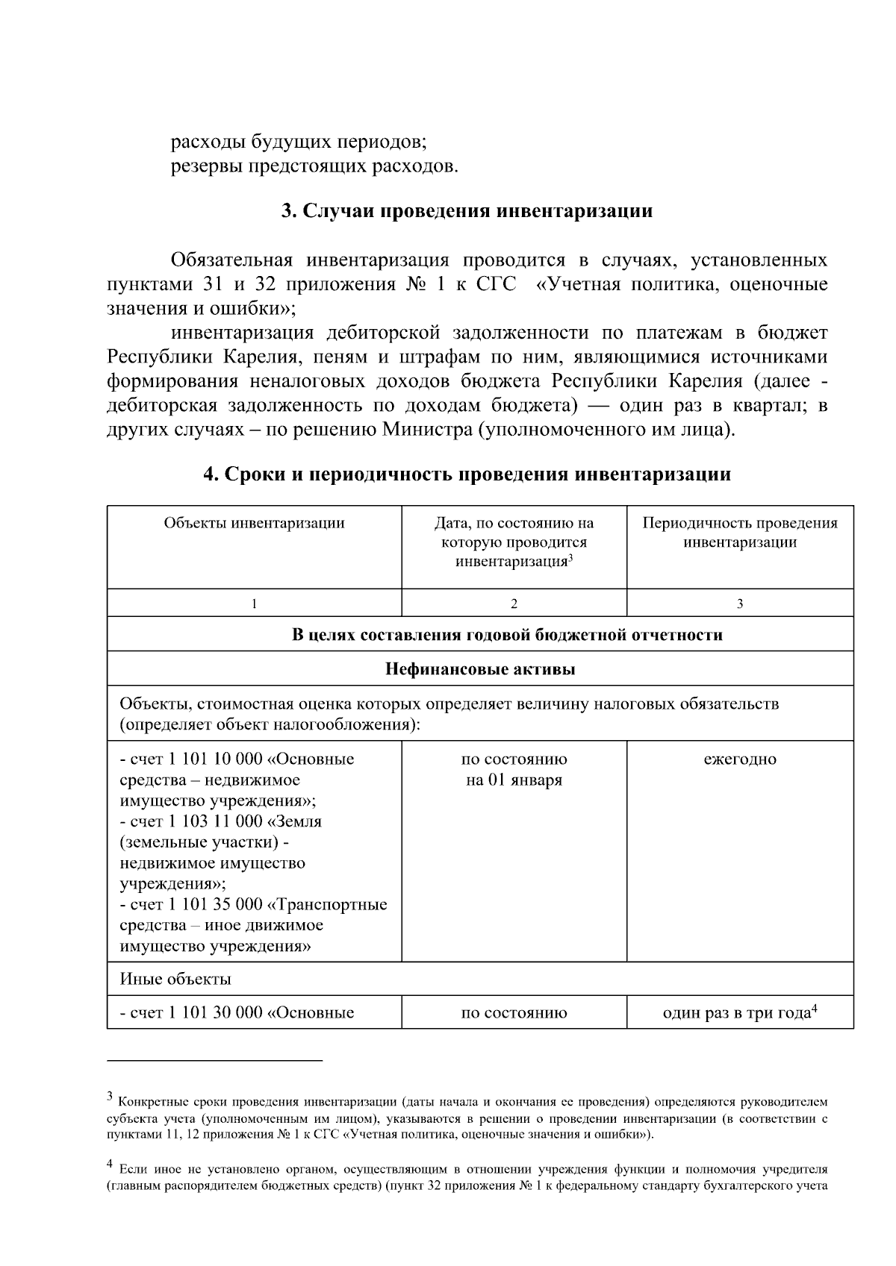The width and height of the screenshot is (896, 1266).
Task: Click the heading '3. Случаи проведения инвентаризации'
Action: [467, 211]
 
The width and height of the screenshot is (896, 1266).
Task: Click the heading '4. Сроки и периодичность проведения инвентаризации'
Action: [467, 474]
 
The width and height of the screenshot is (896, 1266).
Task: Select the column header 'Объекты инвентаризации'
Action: [254, 523]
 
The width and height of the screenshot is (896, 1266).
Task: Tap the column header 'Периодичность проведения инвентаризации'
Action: [739, 533]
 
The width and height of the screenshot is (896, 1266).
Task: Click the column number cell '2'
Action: [514, 604]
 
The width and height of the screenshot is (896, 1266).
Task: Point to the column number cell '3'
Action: [739, 604]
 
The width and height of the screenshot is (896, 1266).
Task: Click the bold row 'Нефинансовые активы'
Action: [480, 669]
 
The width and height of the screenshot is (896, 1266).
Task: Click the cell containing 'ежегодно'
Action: [739, 759]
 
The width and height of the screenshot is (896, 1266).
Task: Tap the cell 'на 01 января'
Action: [514, 780]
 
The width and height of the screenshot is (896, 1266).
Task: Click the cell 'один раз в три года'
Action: [736, 1013]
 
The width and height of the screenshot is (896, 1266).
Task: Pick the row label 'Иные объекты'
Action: [175, 979]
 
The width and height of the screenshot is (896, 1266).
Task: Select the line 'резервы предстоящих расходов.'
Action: [314, 166]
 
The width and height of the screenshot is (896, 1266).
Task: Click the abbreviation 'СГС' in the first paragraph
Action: [496, 286]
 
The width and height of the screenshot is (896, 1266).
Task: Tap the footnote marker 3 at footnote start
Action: [110, 1097]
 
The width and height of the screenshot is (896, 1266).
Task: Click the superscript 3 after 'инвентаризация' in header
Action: [570, 557]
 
